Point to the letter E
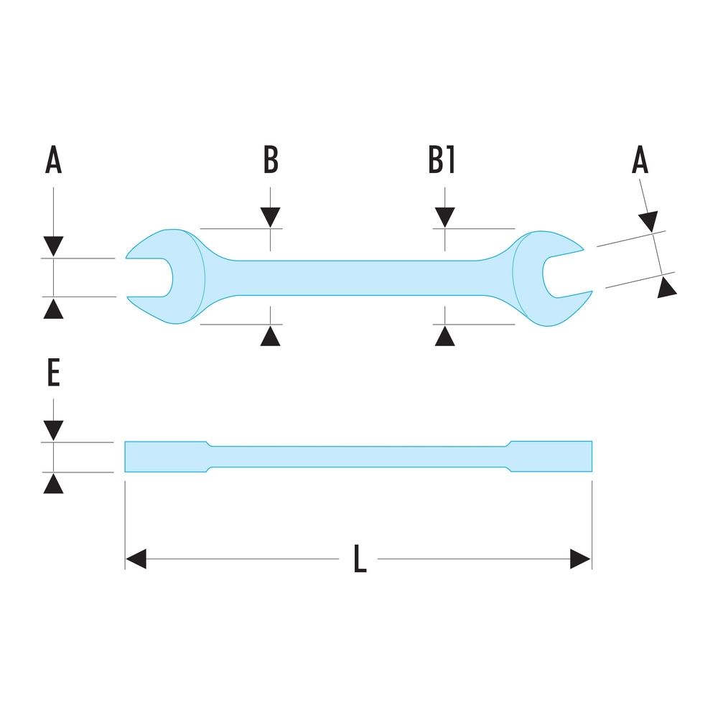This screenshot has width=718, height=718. click(x=54, y=373)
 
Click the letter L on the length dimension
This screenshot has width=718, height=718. click(x=360, y=559)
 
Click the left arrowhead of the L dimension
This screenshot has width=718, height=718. click(x=136, y=559)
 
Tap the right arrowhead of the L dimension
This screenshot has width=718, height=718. click(x=580, y=559)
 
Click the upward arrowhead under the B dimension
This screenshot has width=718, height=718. click(x=270, y=335)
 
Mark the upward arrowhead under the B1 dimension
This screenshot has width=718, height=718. click(x=444, y=335)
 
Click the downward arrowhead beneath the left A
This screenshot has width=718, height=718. click(x=54, y=246)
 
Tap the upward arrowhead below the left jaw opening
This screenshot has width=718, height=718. click(x=54, y=309)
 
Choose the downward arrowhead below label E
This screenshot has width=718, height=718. click(x=54, y=430)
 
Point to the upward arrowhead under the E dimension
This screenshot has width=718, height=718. click(x=54, y=484)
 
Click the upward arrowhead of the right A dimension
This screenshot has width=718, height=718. click(x=668, y=288)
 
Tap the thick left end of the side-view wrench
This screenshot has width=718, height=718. click(x=165, y=457)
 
